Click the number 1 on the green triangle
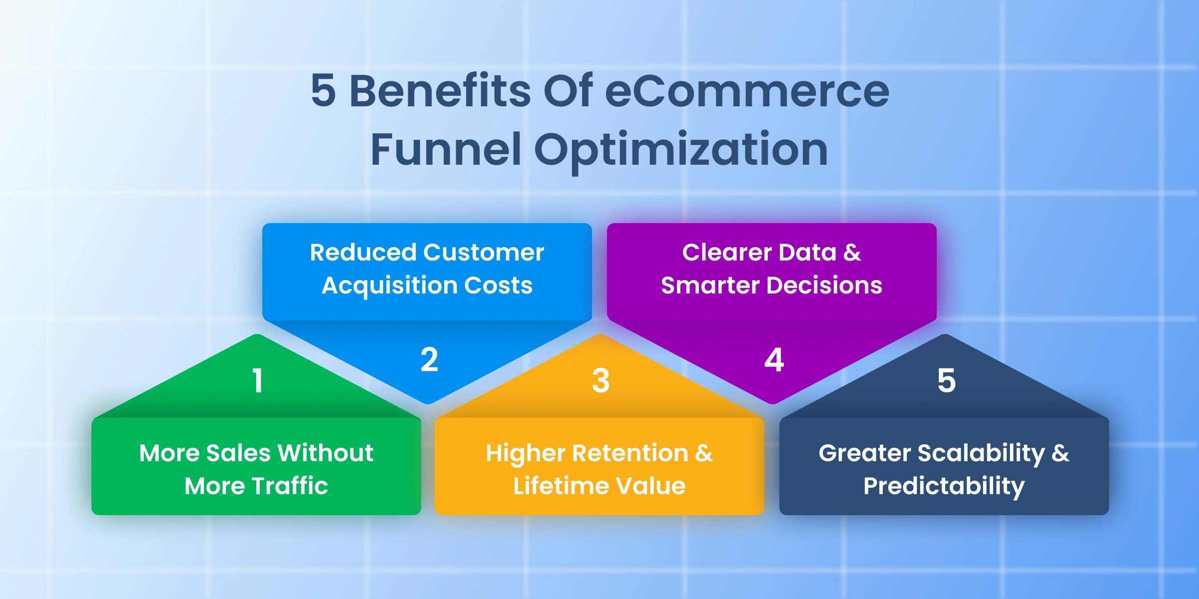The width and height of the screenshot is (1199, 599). [257, 380]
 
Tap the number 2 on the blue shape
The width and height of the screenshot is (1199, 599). [429, 359]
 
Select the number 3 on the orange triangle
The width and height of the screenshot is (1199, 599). [600, 380]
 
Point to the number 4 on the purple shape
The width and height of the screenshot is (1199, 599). [774, 359]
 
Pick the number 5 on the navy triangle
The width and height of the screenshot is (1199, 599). [946, 380]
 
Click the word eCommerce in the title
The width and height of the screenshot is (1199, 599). [747, 91]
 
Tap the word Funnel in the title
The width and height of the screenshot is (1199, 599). [446, 149]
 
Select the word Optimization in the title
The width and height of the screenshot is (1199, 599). [681, 151]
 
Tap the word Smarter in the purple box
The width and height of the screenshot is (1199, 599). [710, 285]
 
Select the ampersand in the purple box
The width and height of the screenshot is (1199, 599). [852, 253]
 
